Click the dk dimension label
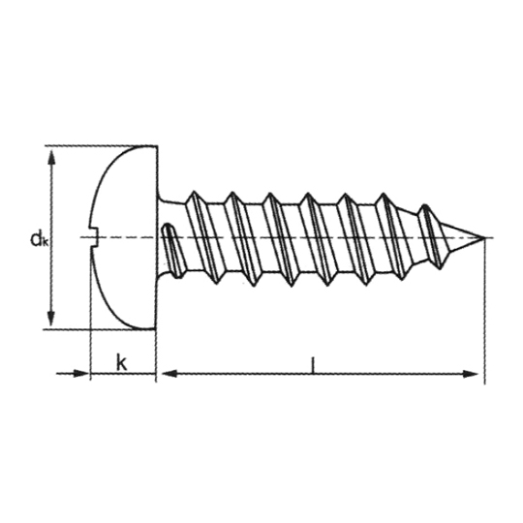coord(39,239)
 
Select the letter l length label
coord(313,364)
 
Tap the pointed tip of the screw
coord(484,237)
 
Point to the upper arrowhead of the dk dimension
coord(51,158)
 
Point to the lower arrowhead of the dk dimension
coord(50,319)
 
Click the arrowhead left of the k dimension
coord(80,373)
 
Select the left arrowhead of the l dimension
coord(169,374)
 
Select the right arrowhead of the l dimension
coord(471,374)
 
